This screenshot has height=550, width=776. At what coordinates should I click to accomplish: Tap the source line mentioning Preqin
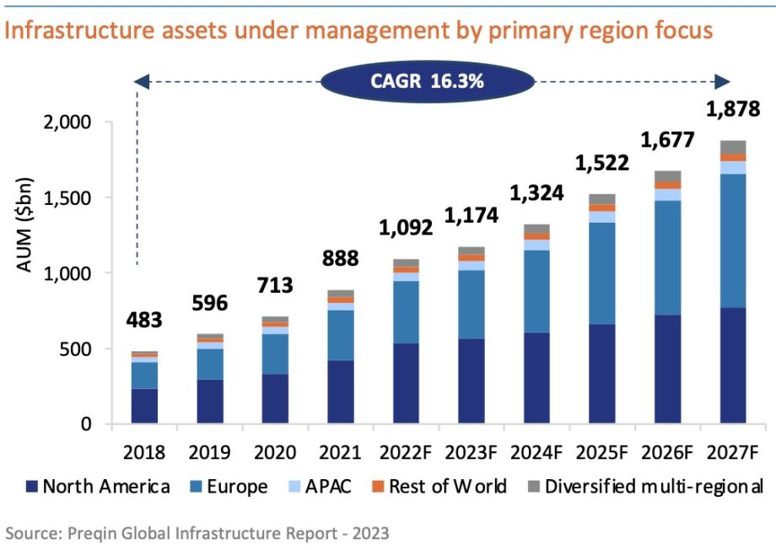coord(198,533)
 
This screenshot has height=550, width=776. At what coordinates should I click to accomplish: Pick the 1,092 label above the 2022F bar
coord(406,228)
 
